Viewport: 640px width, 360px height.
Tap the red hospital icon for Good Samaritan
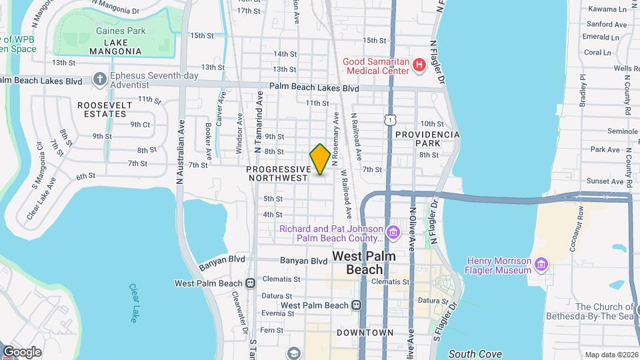click(419, 65)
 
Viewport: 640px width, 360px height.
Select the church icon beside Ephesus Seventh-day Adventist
click(100, 80)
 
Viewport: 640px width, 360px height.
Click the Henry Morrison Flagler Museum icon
click(541, 265)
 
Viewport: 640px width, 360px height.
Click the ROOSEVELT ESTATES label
click(102, 109)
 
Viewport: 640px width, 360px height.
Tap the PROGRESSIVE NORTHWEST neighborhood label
click(278, 173)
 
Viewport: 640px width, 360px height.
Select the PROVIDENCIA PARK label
click(427, 139)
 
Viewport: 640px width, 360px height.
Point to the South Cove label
click(474, 354)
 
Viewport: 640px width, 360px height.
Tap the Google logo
click(21, 352)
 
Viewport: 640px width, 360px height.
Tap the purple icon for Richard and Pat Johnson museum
click(393, 233)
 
